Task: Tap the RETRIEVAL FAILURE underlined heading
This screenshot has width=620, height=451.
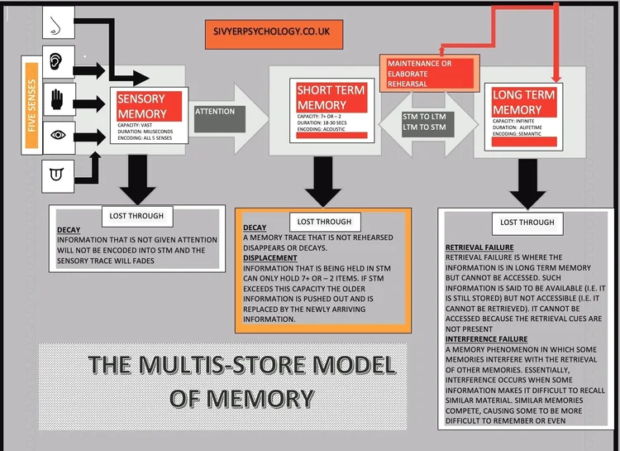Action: tap(479, 247)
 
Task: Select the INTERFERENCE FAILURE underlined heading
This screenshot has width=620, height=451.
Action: tap(484, 339)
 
